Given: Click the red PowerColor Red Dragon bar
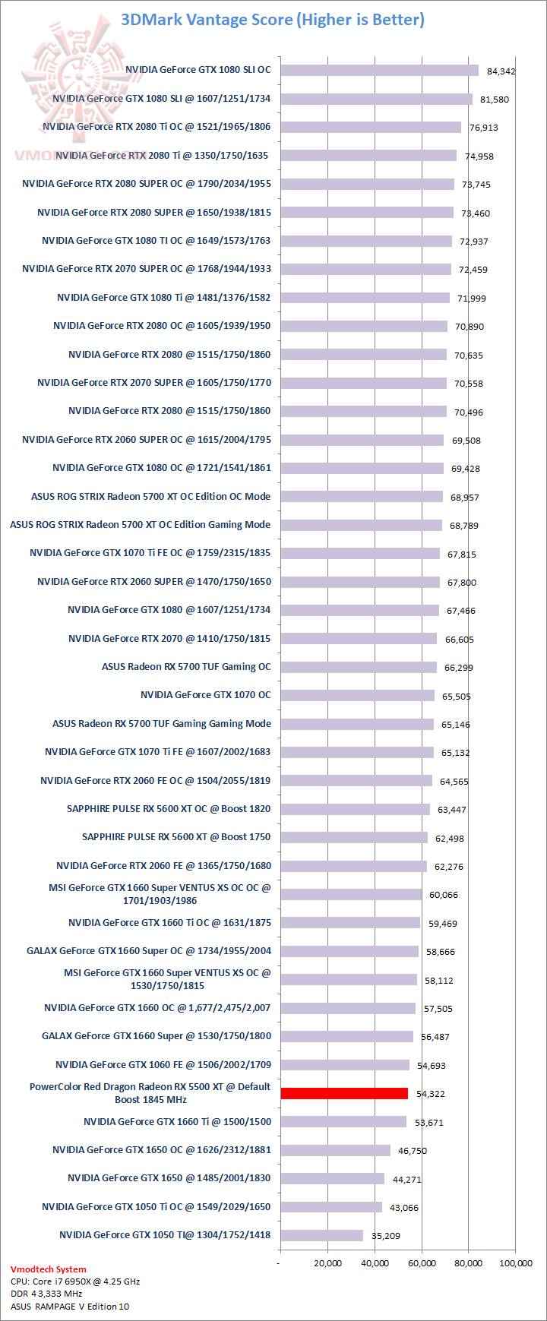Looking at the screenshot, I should click(x=344, y=1093).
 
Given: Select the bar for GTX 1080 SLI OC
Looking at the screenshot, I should click(x=379, y=70).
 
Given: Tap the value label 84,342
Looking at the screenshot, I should click(x=501, y=71).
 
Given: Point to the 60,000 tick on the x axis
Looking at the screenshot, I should click(x=422, y=1263).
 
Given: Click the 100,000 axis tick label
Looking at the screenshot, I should click(x=515, y=1263).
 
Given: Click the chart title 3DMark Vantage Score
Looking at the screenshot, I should click(x=273, y=20).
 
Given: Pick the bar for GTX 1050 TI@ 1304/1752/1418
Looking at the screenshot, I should click(x=321, y=1235).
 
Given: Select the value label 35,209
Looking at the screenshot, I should click(x=385, y=1236).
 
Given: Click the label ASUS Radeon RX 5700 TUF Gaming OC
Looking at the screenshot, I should click(x=186, y=667).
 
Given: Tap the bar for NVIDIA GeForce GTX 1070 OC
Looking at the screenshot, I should click(x=357, y=695).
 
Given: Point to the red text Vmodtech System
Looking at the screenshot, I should click(x=49, y=1269).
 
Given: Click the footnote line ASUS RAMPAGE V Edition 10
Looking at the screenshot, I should click(x=70, y=1307).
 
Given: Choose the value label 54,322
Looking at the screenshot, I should click(x=431, y=1094).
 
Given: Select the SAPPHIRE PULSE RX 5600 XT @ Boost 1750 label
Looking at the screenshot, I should click(x=176, y=837).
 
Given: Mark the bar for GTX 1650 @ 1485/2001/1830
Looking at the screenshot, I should click(x=332, y=1178).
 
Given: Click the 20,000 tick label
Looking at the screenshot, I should click(x=327, y=1263).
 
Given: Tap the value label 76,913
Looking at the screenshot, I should click(x=484, y=128).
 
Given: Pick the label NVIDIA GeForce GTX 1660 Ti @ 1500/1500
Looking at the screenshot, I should click(x=177, y=1122).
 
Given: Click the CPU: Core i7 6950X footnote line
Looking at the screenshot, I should click(x=75, y=1281).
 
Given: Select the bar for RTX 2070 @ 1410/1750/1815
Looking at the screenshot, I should click(x=359, y=639).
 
